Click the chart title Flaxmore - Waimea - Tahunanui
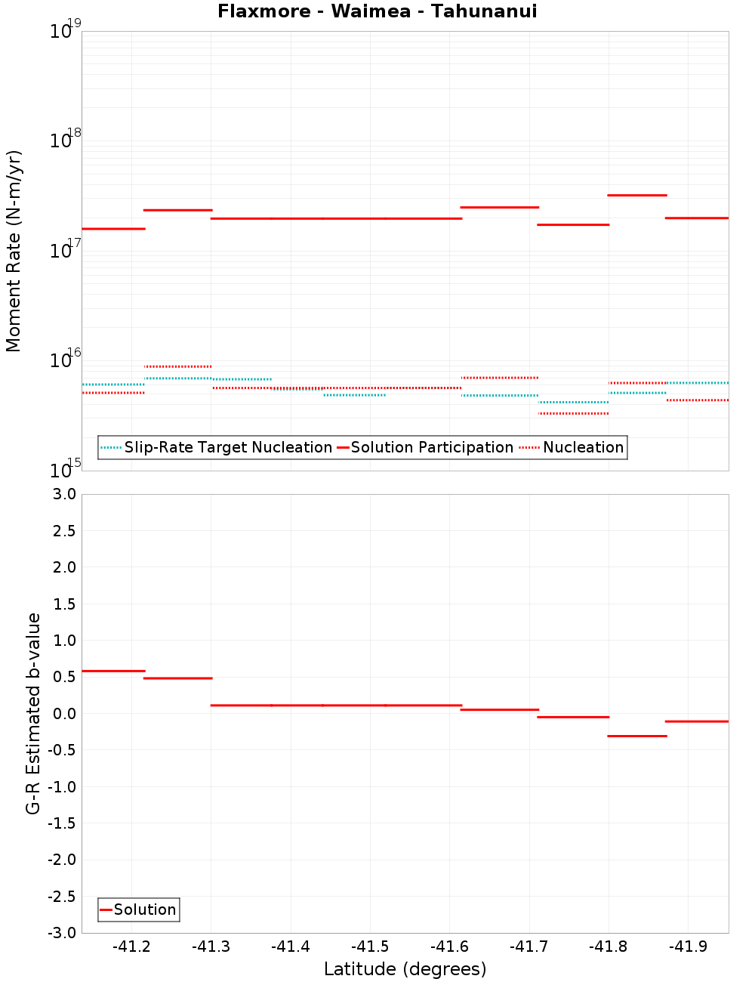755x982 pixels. click(x=377, y=11)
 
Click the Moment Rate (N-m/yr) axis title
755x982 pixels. click(x=14, y=251)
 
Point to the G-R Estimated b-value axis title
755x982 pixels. click(x=33, y=713)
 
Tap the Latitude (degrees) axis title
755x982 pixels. click(x=405, y=969)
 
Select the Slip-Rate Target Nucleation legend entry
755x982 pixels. click(x=227, y=448)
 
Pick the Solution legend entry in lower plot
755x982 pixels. click(x=144, y=909)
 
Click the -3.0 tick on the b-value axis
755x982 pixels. click(x=63, y=933)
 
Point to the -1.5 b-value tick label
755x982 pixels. click(x=63, y=823)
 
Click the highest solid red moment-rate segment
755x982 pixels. click(x=637, y=195)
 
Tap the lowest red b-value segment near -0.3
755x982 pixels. click(x=637, y=736)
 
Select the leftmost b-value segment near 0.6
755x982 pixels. click(x=113, y=671)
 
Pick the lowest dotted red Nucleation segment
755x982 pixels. click(x=573, y=413)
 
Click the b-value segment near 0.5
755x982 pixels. click(x=177, y=678)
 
